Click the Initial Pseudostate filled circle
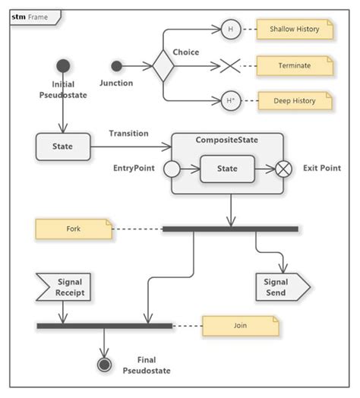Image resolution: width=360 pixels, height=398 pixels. [x=63, y=66]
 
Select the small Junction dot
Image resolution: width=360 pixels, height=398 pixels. [x=116, y=66]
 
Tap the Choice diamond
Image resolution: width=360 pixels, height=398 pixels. [x=163, y=66]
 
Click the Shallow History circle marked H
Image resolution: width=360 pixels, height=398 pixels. [x=229, y=30]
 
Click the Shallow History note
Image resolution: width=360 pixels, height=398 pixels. [x=295, y=30]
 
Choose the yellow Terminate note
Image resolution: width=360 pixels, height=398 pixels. [x=295, y=65]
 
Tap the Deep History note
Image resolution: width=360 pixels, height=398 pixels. [x=295, y=100]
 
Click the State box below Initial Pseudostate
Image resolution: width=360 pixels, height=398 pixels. [x=63, y=147]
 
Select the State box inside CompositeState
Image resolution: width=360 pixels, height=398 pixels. [x=227, y=169]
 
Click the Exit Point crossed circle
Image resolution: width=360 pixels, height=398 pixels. [x=283, y=169]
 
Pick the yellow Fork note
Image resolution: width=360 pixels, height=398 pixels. [x=74, y=229]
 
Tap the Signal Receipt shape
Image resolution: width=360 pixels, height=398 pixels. [x=64, y=287]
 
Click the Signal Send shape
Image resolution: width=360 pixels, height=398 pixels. [x=281, y=287]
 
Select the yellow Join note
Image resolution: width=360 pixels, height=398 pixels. [x=240, y=326]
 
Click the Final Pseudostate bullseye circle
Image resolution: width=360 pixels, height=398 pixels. [x=105, y=365]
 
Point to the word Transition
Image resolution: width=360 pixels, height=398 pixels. [x=128, y=134]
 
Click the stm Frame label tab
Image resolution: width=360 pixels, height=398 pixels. [x=30, y=16]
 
